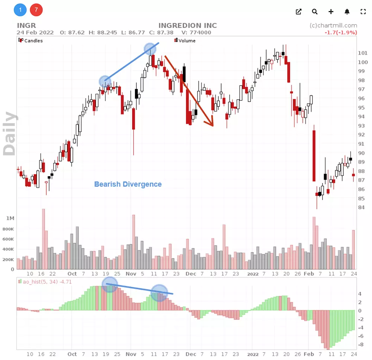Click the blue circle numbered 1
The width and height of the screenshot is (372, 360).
(20, 10)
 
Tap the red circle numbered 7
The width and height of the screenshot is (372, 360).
(36, 10)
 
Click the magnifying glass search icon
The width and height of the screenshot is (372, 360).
(315, 12)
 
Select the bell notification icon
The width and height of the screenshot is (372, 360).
(347, 12)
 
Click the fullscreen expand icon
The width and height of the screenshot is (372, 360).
(363, 12)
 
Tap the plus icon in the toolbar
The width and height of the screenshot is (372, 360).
(331, 12)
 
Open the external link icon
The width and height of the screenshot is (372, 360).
(298, 12)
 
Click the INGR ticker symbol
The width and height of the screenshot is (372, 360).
(26, 26)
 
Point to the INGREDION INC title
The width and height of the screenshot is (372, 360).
(187, 26)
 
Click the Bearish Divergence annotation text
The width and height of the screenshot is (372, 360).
(128, 184)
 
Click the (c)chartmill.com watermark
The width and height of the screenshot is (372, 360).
(333, 26)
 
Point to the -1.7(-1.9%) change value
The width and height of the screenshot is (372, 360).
(340, 32)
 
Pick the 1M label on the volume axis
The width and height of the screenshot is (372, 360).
(10, 218)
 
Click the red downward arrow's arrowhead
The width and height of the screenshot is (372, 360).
(211, 123)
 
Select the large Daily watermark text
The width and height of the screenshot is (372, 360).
(10, 133)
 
